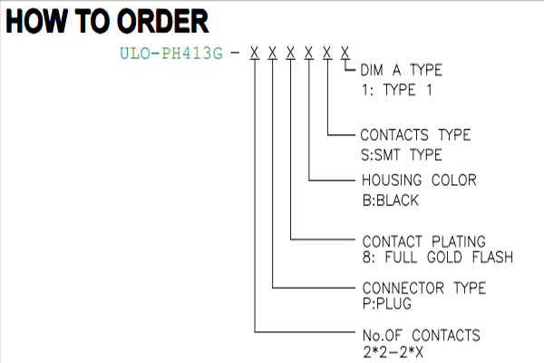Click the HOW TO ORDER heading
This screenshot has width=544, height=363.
107,21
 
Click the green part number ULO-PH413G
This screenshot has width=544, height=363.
171,54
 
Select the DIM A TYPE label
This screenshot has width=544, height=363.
402,70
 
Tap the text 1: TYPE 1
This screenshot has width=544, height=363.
396,90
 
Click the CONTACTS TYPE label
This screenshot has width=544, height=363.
415,135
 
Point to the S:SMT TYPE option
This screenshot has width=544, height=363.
402,155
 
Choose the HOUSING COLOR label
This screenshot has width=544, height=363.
419,181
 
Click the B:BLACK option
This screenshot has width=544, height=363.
390,201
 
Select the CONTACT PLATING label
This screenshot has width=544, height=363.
423,241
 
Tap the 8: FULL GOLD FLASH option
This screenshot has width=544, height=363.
438,258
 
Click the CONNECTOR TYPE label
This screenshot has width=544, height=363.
424,288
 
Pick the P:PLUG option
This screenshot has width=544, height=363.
386,304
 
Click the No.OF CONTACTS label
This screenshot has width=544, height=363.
422,335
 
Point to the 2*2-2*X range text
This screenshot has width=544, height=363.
393,352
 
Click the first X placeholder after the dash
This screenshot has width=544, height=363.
255,53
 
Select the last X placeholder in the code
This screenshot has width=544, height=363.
345,53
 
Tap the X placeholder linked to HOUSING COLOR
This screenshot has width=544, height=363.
308,53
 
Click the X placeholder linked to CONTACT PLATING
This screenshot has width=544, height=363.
290,53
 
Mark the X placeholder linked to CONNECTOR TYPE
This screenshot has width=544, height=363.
272,53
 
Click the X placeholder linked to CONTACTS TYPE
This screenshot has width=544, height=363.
326,53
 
